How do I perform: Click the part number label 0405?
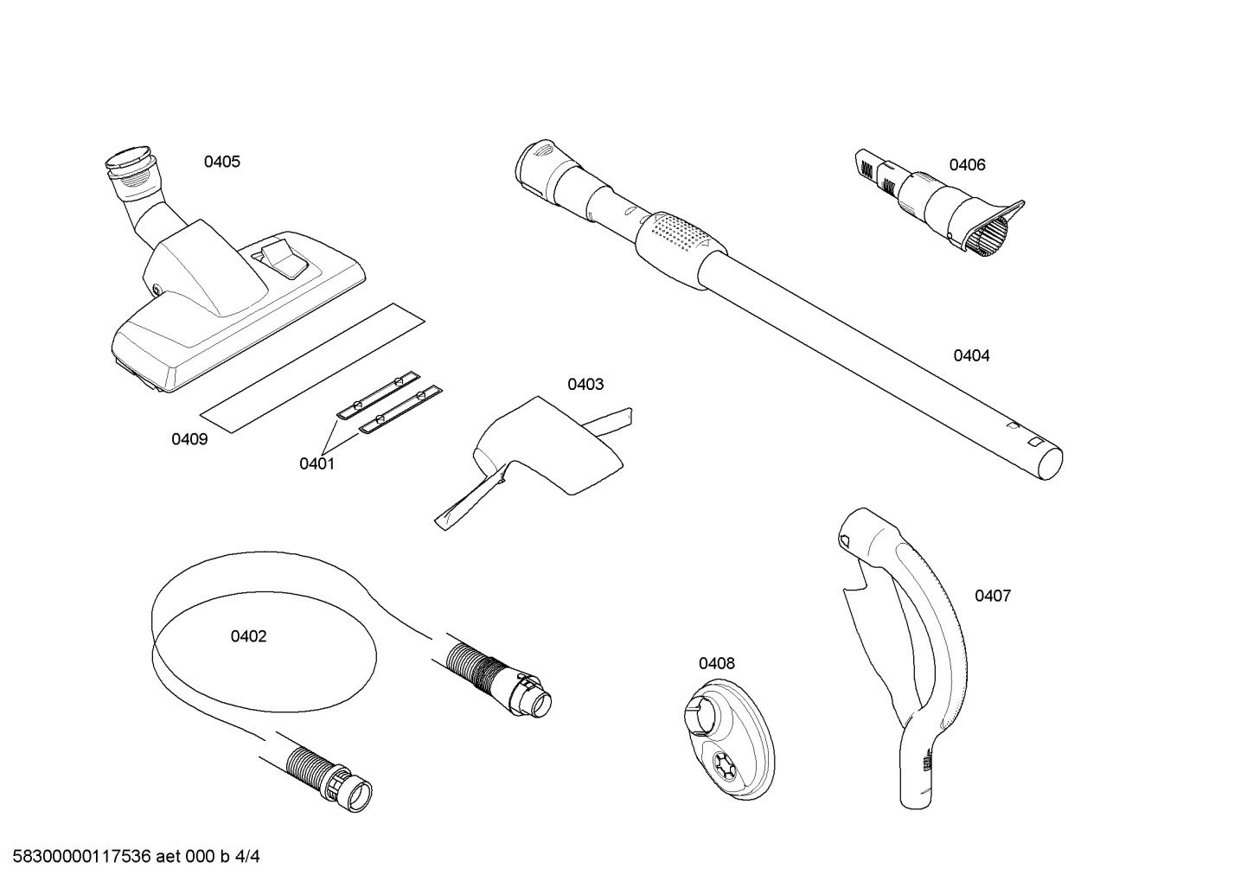click(222, 162)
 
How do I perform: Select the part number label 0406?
click(967, 165)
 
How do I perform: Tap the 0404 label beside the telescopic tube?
click(971, 355)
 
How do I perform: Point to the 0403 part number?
click(585, 384)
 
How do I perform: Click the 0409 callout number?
click(189, 439)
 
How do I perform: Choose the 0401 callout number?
click(317, 463)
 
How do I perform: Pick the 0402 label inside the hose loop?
click(248, 636)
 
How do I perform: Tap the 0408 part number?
click(717, 663)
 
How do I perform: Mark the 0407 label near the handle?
click(993, 596)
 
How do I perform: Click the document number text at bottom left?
click(131, 857)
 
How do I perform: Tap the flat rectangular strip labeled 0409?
click(311, 367)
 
